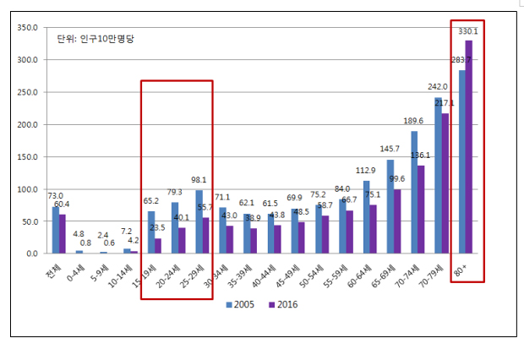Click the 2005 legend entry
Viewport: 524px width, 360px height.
[240, 304]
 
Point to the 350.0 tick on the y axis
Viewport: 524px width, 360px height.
[27, 28]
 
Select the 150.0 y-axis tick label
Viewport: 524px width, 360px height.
[27, 157]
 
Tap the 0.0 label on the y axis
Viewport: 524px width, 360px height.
[31, 254]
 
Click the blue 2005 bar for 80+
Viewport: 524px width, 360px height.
[461, 161]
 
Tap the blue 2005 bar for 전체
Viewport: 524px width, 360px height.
[55, 230]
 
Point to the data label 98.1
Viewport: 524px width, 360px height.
[198, 180]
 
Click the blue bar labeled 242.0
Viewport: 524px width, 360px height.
[438, 175]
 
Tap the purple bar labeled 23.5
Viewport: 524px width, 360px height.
[158, 246]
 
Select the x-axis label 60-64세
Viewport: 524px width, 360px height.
[359, 275]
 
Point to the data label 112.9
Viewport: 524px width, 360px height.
[364, 170]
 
